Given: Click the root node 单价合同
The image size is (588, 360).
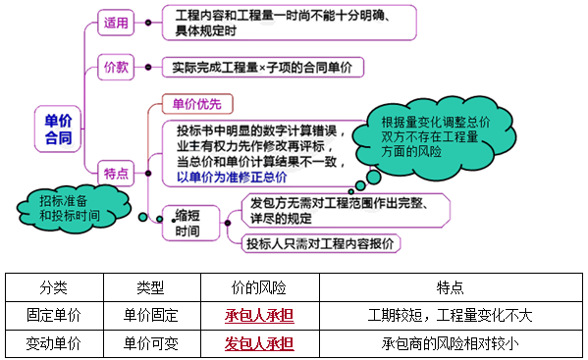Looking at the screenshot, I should [x=59, y=129].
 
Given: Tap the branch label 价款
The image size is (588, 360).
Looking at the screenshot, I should [x=116, y=68].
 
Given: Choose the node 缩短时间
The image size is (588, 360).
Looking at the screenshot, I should [x=187, y=225].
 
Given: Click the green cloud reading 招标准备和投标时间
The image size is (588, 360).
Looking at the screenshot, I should [x=69, y=206].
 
